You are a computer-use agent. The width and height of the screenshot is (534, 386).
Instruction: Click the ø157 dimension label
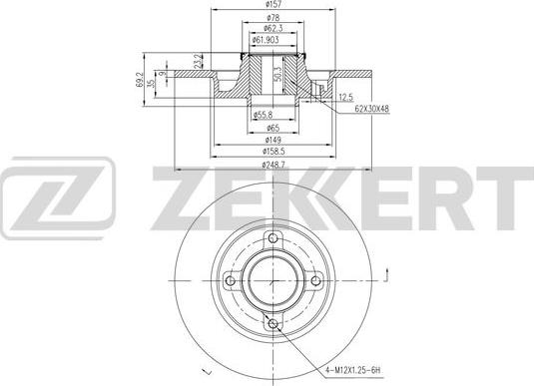pos(272,4)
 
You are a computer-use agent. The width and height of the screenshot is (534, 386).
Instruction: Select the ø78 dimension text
pos(272,17)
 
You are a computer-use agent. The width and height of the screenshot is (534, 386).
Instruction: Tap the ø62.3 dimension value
pos(272,28)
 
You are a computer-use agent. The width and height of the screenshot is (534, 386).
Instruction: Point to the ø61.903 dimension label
pos(266,40)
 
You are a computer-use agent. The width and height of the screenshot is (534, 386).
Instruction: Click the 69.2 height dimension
pos(140,80)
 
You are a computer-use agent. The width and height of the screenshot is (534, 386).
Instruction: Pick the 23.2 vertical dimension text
pos(198,61)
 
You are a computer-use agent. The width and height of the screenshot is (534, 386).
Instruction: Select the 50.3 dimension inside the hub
pos(277,74)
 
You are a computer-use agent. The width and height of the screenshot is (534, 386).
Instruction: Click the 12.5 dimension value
pos(346,98)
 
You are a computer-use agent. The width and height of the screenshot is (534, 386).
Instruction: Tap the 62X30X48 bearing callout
pos(372,109)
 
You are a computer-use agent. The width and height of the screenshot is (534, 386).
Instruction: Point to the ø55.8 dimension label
pos(263,115)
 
